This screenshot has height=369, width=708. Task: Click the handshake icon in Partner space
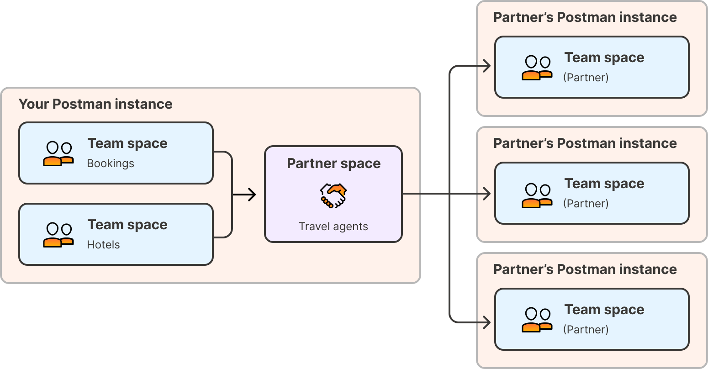click(333, 196)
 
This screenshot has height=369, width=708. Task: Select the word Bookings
click(111, 163)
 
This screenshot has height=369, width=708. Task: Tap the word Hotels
click(103, 245)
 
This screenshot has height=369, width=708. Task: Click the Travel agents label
click(333, 227)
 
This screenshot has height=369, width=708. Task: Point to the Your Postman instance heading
click(95, 104)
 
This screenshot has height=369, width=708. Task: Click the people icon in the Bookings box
click(58, 153)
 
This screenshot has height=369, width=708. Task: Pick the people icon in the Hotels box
click(58, 235)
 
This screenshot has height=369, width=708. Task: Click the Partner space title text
click(333, 163)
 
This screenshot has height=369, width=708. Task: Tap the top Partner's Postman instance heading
click(585, 17)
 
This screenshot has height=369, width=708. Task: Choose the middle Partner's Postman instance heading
click(585, 143)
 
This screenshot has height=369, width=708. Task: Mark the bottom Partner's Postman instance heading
click(585, 269)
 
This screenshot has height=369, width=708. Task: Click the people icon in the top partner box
click(537, 68)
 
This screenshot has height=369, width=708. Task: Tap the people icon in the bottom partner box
click(537, 320)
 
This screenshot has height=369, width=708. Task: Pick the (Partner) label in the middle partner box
click(586, 204)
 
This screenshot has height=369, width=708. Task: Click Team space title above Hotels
click(127, 225)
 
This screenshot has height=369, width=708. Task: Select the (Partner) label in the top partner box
click(586, 78)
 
